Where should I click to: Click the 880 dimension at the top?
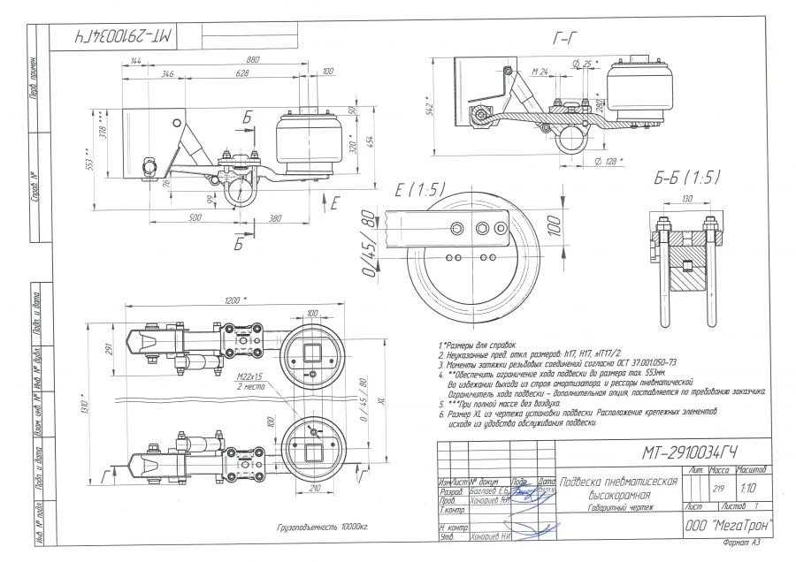253,60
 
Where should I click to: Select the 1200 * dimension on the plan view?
234,301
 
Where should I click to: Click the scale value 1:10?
750,487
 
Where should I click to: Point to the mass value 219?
718,487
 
